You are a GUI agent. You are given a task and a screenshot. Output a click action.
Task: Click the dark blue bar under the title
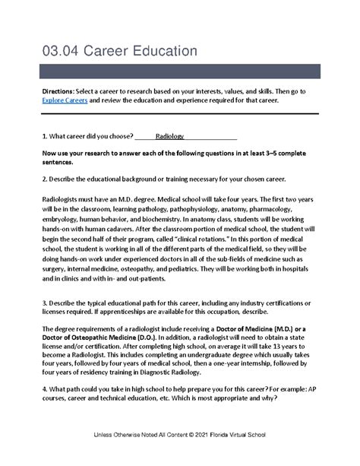tap(179, 74)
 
